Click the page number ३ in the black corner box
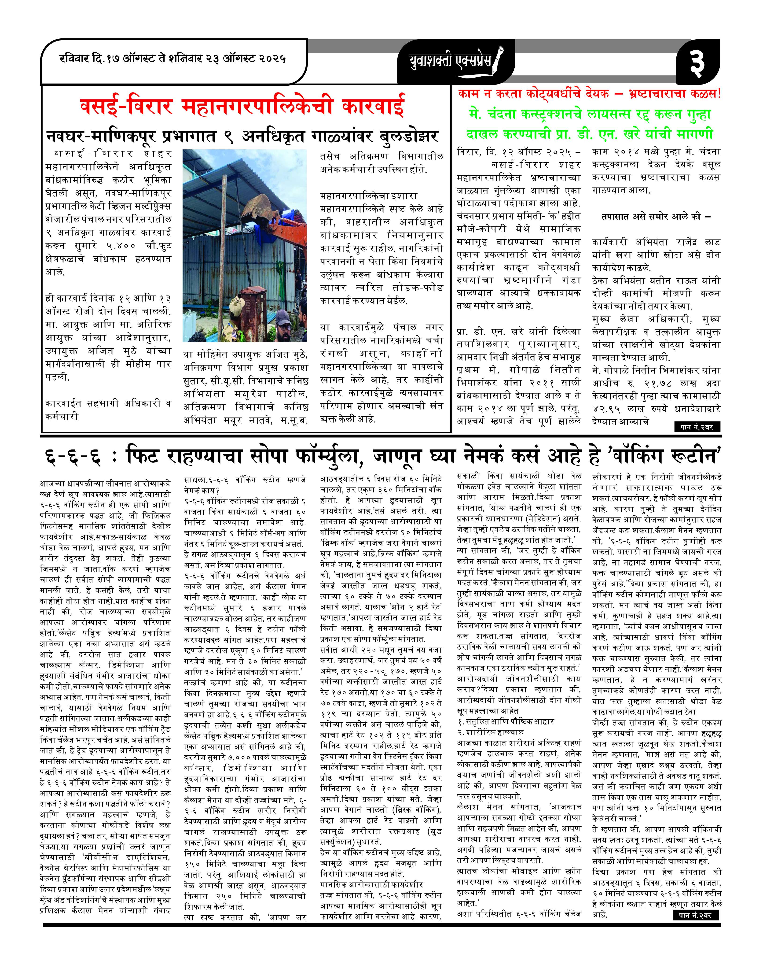[x=697, y=63]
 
